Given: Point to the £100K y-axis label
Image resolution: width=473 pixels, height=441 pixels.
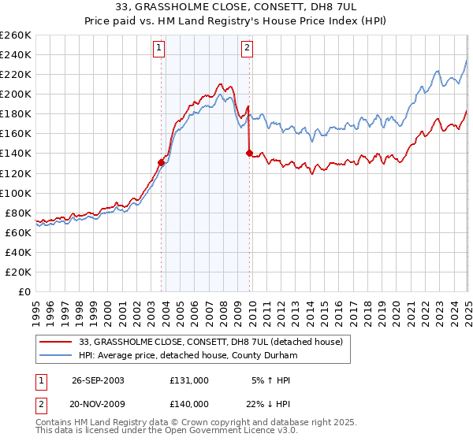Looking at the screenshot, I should coord(15,193).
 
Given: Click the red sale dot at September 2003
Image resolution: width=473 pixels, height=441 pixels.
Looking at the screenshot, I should coord(162,162).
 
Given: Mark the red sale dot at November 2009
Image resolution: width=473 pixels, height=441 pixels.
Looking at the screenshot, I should coord(250,154).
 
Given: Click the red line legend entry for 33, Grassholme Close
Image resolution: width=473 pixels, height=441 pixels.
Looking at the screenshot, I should coord(210,342).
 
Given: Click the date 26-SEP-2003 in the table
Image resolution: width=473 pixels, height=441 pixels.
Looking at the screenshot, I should coord(98,380).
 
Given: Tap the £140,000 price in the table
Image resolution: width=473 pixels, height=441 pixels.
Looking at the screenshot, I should coord(188,403).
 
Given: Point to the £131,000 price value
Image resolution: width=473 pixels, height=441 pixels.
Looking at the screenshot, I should coord(188,380).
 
